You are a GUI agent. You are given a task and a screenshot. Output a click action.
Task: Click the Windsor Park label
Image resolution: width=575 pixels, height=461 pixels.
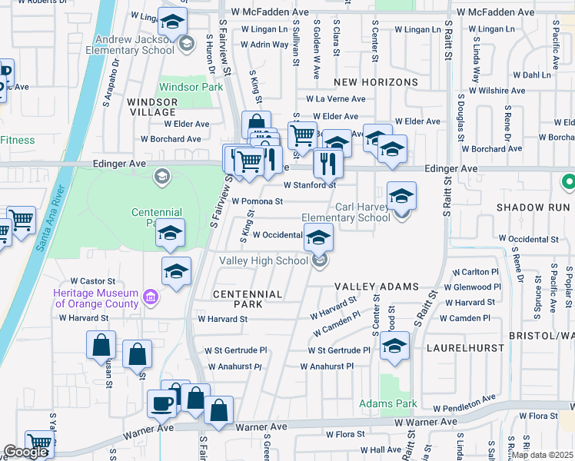pos(190,88)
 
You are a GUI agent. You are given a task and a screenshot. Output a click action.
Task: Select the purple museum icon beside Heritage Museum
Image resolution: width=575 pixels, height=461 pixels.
pos(150,297)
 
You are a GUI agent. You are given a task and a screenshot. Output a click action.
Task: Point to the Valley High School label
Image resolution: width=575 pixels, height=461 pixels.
pos(264,261)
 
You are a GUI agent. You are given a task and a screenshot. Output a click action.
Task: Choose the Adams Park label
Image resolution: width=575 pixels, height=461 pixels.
pos(388,403)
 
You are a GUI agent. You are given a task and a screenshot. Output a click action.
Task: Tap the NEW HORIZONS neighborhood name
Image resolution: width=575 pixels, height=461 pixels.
pos(376,82)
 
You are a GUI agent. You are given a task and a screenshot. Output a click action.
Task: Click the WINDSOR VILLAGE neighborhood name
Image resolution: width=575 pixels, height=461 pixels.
pos(152,107)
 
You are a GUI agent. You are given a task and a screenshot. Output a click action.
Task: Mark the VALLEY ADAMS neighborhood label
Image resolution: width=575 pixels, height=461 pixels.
pos(376,287)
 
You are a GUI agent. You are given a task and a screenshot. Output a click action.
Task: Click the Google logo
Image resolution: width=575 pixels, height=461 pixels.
pos(25,452)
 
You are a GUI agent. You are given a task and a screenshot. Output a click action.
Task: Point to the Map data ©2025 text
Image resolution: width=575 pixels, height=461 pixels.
pos(542,454)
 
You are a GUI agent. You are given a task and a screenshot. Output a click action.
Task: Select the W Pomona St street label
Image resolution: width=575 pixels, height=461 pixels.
pos(258,201)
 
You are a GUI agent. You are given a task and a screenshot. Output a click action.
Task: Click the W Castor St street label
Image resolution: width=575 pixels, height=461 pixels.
pos(92,282)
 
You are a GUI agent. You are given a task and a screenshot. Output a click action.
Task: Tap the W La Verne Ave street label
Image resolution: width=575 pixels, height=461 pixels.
pos(335,99)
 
